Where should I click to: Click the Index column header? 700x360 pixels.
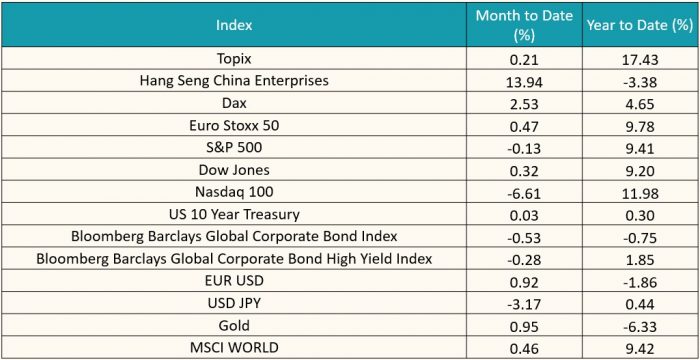(234, 25)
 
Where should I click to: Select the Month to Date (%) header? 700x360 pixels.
(524, 25)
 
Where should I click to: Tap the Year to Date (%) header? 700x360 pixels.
(639, 25)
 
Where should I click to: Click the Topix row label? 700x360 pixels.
(234, 59)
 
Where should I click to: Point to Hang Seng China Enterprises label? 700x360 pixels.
(234, 80)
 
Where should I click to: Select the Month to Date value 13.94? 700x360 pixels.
(524, 81)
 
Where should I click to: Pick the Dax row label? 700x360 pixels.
(234, 103)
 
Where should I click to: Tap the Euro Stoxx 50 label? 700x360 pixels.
(234, 126)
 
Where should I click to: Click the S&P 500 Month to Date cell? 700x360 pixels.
(524, 148)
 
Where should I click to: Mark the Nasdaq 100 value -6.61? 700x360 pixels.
(524, 193)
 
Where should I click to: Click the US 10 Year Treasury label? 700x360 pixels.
(234, 215)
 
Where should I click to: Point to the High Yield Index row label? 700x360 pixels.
(234, 259)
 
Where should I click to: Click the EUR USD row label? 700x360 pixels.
(234, 282)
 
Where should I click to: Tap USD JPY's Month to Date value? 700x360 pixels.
(524, 305)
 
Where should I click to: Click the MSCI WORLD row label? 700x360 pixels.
(234, 347)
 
